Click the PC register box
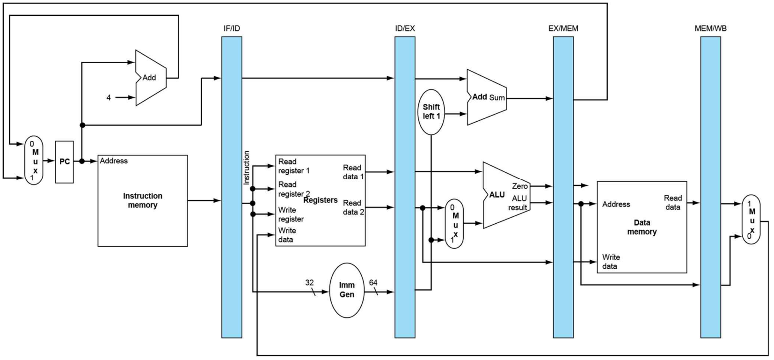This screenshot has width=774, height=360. point(64,162)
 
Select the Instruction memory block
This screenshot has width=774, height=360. point(143,200)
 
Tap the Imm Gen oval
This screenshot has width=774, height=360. point(347,290)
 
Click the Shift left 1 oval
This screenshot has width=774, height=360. point(431,112)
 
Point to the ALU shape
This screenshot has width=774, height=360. point(506,195)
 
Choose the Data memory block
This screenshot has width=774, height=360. point(642,227)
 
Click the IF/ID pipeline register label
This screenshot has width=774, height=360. point(232,29)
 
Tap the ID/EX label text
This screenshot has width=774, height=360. point(405,29)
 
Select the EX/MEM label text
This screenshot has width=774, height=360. point(563,29)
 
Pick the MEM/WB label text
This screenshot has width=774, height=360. point(710,29)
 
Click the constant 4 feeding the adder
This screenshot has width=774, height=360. point(109,98)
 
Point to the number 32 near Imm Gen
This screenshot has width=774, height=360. point(309,283)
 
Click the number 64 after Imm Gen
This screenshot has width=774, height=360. point(373,283)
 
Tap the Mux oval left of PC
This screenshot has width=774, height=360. point(34,160)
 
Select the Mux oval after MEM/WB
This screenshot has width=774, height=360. point(751,220)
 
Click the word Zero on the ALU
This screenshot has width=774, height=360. point(520,186)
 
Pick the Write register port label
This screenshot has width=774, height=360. point(291,214)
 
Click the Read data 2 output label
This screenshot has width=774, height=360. point(353,207)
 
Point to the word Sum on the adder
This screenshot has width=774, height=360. point(497,98)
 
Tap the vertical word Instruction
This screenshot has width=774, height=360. point(246,168)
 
